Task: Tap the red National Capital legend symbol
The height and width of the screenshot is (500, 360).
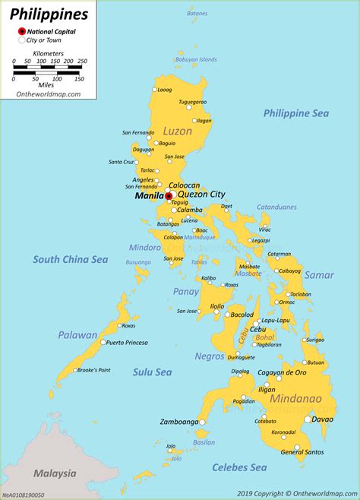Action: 22,32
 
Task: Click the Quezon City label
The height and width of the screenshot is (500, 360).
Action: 201,194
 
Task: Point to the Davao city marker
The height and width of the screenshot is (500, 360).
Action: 308,419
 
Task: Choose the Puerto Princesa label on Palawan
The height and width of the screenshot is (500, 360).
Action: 127,343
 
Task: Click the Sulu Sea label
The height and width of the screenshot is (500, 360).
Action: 151,372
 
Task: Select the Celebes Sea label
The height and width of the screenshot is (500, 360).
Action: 240,467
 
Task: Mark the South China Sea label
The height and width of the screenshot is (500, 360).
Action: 71,260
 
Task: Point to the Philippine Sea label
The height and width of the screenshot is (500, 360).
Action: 296,113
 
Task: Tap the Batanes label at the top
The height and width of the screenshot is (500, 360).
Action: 197,14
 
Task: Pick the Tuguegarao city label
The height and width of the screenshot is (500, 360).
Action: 192,102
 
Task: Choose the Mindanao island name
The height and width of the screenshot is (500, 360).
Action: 294,399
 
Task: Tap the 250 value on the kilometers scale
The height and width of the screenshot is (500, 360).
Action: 81,61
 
